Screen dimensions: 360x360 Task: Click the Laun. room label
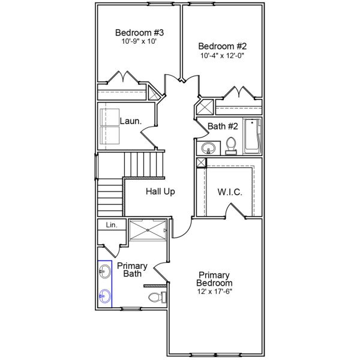point(130,121)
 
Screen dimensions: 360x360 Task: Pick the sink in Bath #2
point(209,147)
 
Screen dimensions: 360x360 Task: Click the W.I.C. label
point(229,192)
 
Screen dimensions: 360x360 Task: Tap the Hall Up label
point(160,192)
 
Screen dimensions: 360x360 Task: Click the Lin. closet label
point(112,225)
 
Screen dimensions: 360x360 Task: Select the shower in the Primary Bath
point(149,230)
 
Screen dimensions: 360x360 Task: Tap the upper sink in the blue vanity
point(105,273)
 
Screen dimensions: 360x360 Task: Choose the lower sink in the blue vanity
point(105,295)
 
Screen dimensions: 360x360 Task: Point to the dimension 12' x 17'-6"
point(215,292)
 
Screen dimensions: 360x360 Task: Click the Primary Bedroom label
point(215,278)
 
